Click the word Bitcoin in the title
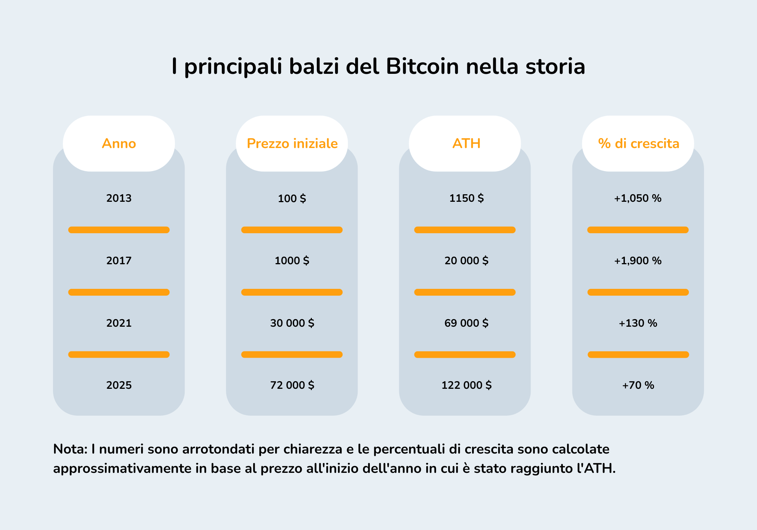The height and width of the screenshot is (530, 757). point(422,67)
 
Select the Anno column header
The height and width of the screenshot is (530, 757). point(119,143)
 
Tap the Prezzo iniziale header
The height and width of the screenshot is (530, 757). point(292,143)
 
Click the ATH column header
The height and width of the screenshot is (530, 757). point(466,143)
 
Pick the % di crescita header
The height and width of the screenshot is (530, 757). point(639,143)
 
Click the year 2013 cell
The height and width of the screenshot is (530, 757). point(119,198)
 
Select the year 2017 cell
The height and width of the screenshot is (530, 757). point(119,260)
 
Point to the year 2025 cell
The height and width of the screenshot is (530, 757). point(119,385)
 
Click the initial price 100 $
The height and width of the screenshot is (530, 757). point(292,198)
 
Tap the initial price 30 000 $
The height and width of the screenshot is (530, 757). point(292,323)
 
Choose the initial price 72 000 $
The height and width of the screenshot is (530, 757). point(292,385)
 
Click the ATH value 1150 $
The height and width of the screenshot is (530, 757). point(466,198)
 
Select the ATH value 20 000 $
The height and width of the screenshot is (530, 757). point(466,260)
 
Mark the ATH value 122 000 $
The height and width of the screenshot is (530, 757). point(466,385)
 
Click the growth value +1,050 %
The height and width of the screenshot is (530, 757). point(638,198)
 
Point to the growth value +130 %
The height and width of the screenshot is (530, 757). point(638,323)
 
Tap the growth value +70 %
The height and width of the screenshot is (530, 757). point(638,385)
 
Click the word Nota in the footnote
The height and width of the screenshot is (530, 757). point(70,449)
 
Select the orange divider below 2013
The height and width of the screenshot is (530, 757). point(119,230)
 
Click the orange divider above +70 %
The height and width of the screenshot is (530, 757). point(638,354)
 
